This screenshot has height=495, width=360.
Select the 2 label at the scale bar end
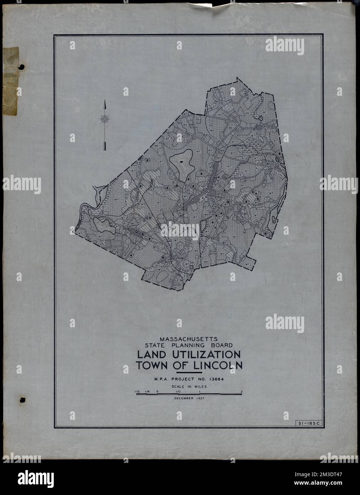241,392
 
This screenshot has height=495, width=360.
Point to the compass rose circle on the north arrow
104,119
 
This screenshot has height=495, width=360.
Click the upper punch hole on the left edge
21,67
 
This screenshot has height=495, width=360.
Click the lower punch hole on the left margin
22,400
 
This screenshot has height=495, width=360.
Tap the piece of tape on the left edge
10,82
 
